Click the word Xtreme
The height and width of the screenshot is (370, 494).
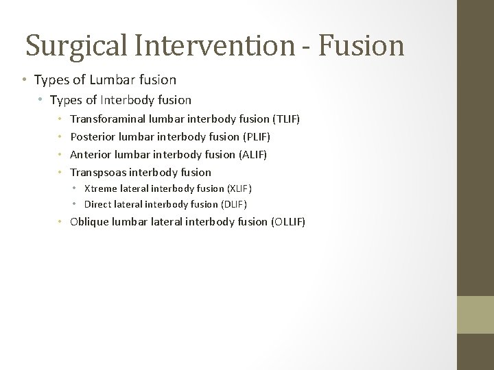100,188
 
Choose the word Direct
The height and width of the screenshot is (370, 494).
97,204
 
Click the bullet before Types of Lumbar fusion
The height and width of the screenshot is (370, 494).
23,80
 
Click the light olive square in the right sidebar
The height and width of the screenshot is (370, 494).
475,314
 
